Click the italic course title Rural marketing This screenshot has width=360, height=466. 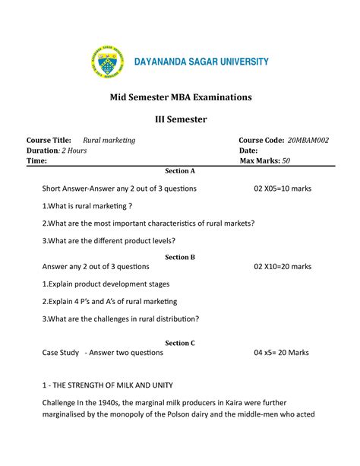[x=109, y=141]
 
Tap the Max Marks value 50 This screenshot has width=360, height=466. [x=286, y=161]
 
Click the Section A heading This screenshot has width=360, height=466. [x=180, y=171]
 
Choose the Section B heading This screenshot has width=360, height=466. [x=180, y=257]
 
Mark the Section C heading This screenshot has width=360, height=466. [x=180, y=343]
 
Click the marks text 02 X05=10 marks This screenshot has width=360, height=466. [x=283, y=188]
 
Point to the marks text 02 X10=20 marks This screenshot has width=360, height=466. [x=283, y=267]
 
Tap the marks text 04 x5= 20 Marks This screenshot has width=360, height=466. [x=283, y=353]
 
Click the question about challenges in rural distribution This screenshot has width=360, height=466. [x=121, y=319]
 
